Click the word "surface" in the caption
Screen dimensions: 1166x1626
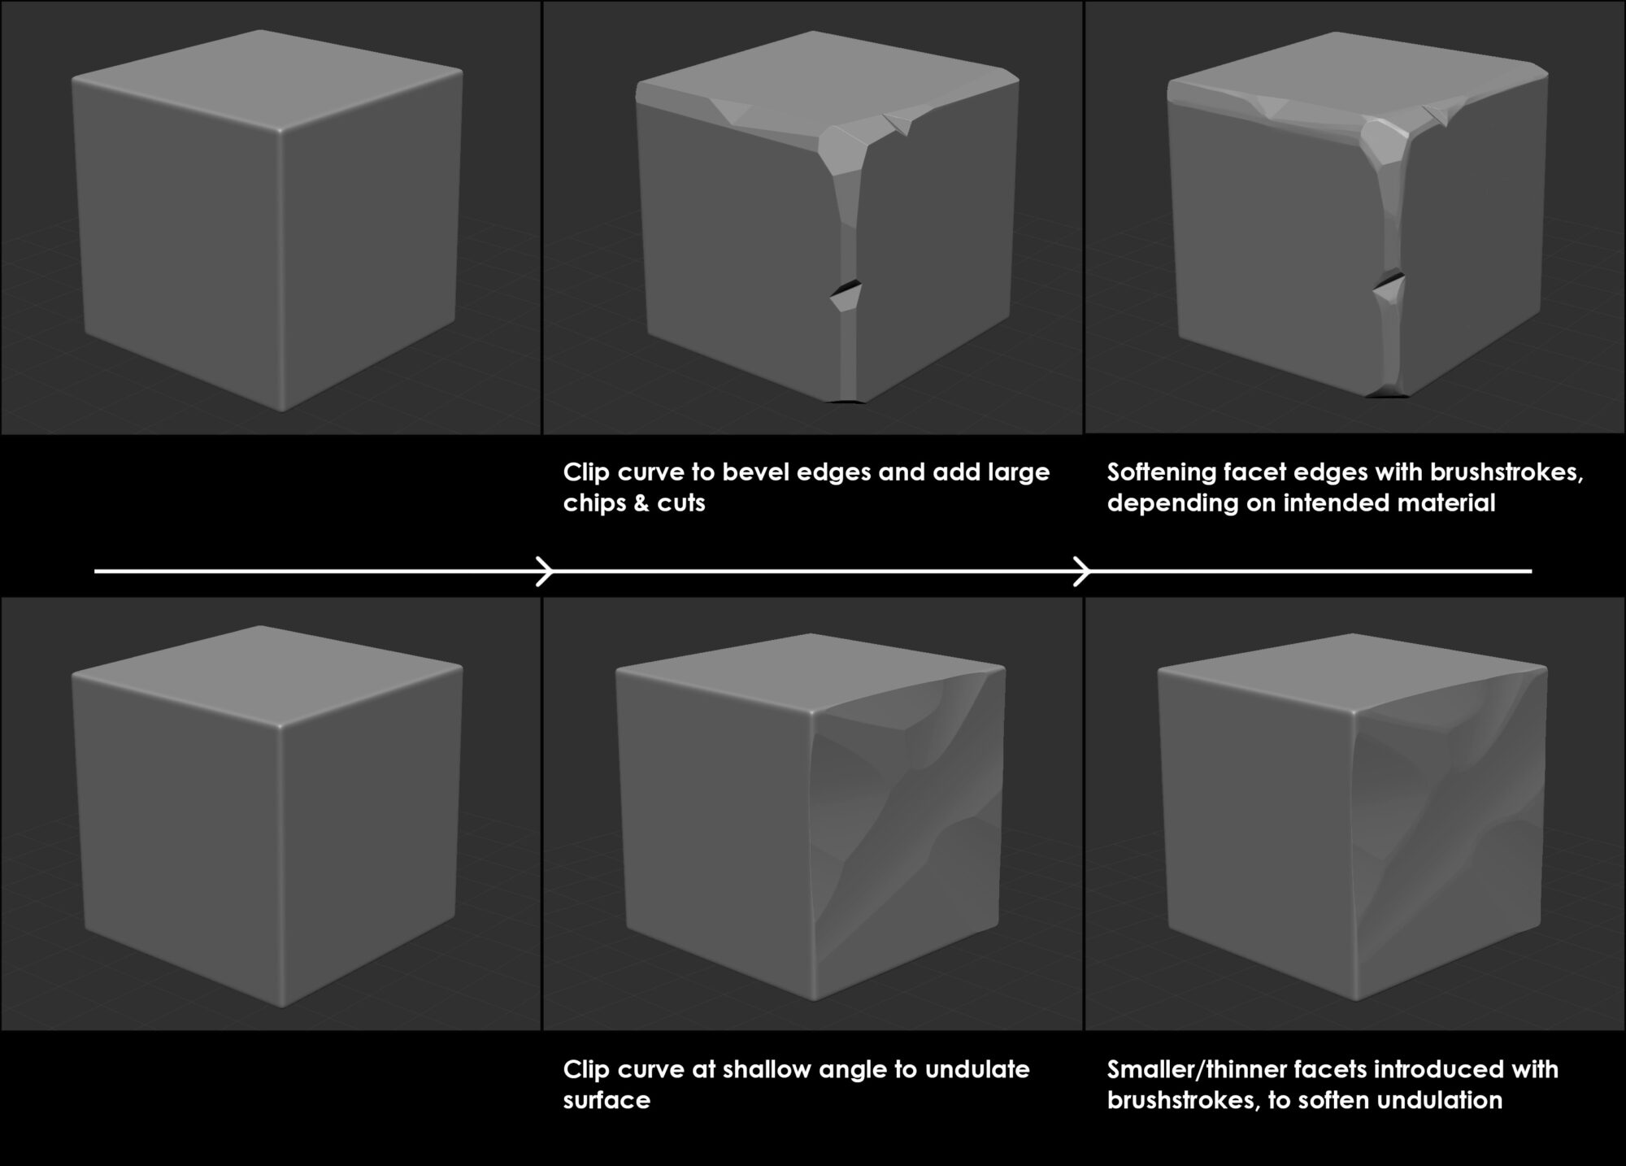606,1100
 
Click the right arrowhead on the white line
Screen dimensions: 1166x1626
1083,571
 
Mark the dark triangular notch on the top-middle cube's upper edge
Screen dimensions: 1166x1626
899,124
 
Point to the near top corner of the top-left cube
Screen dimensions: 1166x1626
278,132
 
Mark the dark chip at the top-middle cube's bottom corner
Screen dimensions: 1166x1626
846,400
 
